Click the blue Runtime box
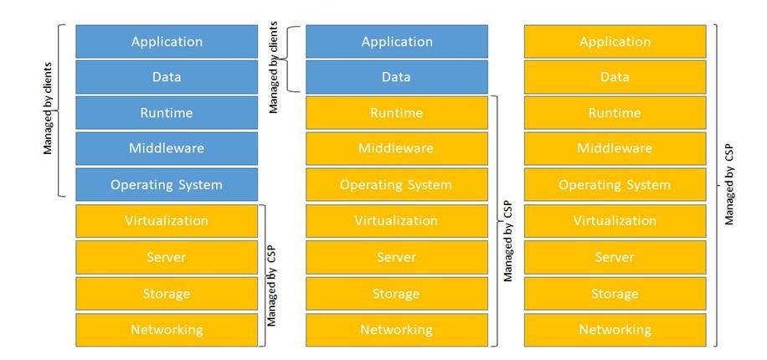pos(167,113)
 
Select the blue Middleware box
pos(167,149)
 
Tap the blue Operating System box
pos(167,185)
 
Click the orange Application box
pos(615,41)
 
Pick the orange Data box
pos(615,77)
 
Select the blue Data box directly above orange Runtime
pos(396,77)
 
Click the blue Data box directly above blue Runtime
pos(167,77)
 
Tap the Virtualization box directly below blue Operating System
pos(167,221)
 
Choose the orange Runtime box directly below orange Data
pos(615,113)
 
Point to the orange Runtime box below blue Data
pos(396,113)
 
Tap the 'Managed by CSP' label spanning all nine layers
pos(729,185)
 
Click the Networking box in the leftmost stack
pos(167,329)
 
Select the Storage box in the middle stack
pos(396,293)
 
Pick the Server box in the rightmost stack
pos(615,257)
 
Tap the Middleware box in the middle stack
pos(396,149)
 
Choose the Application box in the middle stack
pos(396,41)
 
